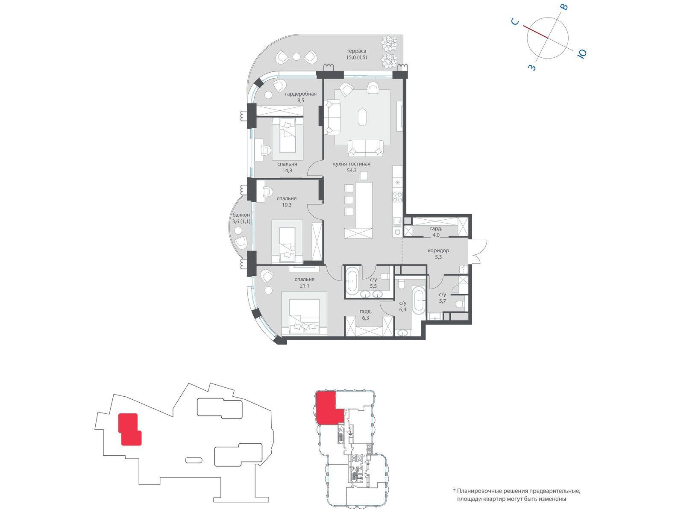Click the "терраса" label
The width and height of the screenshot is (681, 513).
click(356, 50)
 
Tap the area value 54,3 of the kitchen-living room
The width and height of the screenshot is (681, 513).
click(352, 171)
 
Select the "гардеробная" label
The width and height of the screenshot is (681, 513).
click(300, 94)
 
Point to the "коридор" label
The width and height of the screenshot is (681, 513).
click(438, 250)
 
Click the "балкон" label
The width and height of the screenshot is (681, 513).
click(241, 215)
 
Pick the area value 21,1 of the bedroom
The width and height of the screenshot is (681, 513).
click(304, 286)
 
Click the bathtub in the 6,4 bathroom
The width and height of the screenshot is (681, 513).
click(419, 301)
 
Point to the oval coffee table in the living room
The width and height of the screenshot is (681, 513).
click(362, 117)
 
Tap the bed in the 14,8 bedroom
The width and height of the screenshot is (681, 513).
click(288, 136)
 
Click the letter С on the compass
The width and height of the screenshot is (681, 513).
click(515, 21)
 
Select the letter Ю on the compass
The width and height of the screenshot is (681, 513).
click(582, 54)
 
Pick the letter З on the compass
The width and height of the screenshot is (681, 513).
click(532, 67)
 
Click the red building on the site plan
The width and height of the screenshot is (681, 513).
click(130, 429)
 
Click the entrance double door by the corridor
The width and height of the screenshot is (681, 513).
click(478, 252)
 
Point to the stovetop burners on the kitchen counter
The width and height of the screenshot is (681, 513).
click(397, 197)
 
